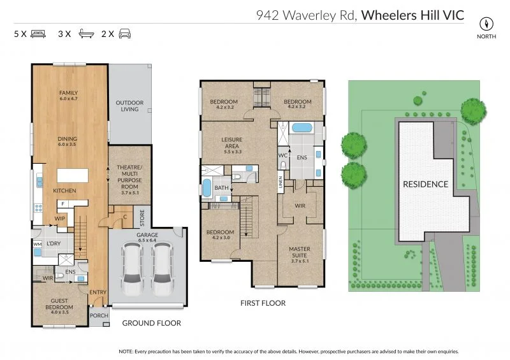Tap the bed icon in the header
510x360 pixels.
pyautogui.click(x=38, y=33)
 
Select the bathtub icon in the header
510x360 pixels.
pyautogui.click(x=85, y=33)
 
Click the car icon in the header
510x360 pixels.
pyautogui.click(x=125, y=33)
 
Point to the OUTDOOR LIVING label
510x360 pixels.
pyautogui.click(x=129, y=106)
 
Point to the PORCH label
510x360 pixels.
pyautogui.click(x=99, y=315)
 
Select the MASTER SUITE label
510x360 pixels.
pyautogui.click(x=299, y=253)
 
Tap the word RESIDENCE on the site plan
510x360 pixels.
pyautogui.click(x=425, y=184)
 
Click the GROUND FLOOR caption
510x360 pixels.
pyautogui.click(x=152, y=323)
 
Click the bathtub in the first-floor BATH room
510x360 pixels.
pyautogui.click(x=206, y=189)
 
